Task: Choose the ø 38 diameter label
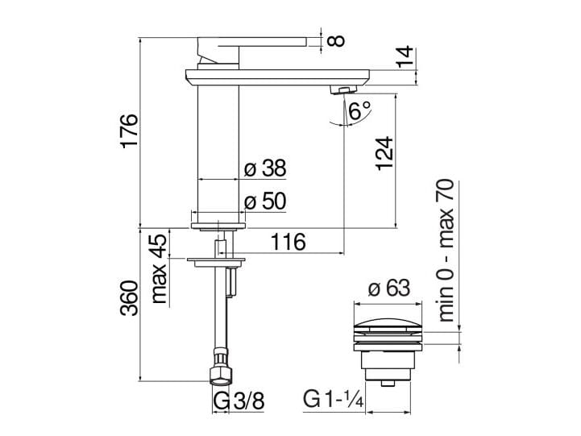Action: [264, 168]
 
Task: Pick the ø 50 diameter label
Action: [264, 201]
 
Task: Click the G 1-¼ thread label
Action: [333, 401]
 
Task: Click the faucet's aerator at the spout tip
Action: [344, 89]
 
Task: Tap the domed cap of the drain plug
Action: [388, 325]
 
